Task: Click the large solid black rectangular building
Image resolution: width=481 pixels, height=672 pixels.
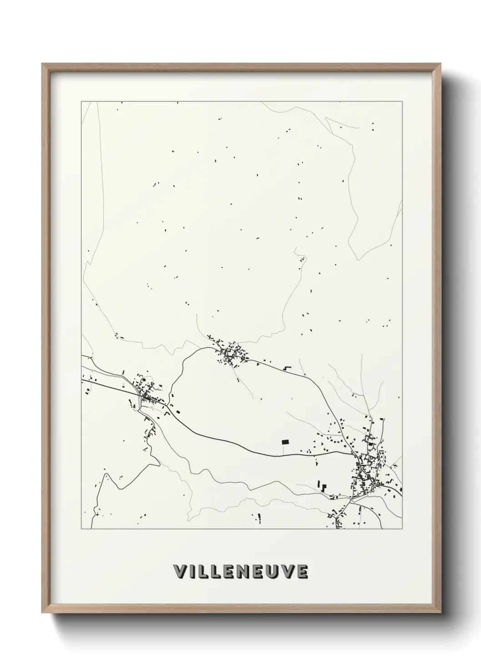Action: [286, 441]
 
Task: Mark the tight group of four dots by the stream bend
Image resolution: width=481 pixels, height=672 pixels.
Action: [301, 260]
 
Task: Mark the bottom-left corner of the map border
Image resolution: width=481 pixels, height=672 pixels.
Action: [81, 529]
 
